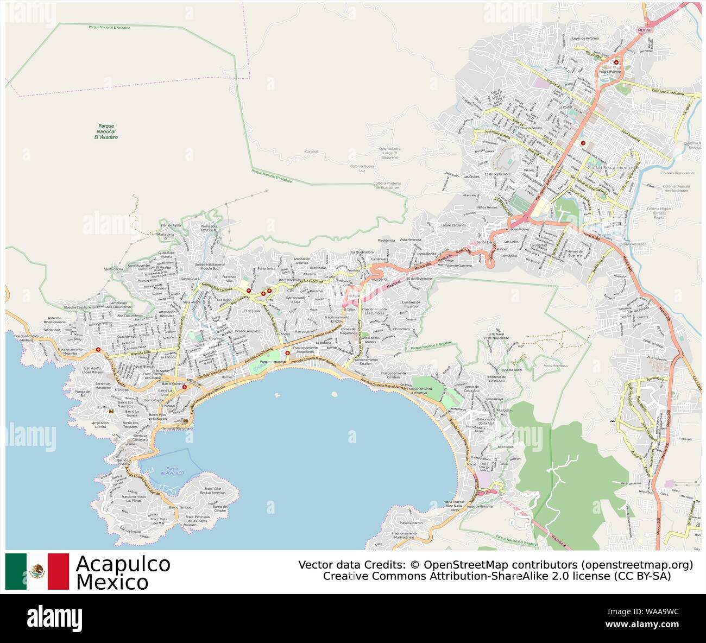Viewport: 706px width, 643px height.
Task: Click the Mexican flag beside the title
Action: [37, 571]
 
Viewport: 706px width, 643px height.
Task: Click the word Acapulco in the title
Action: [123, 564]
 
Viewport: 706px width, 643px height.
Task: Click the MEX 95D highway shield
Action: [644, 30]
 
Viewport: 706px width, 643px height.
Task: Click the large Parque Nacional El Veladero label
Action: [105, 131]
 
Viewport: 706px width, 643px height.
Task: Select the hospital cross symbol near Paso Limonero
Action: [616, 62]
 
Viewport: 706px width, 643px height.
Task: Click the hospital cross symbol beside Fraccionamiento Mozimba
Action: [98, 349]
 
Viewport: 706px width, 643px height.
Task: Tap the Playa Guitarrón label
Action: [411, 522]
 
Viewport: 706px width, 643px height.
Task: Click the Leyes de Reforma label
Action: [585, 38]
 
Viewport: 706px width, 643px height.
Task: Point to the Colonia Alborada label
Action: [631, 244]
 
